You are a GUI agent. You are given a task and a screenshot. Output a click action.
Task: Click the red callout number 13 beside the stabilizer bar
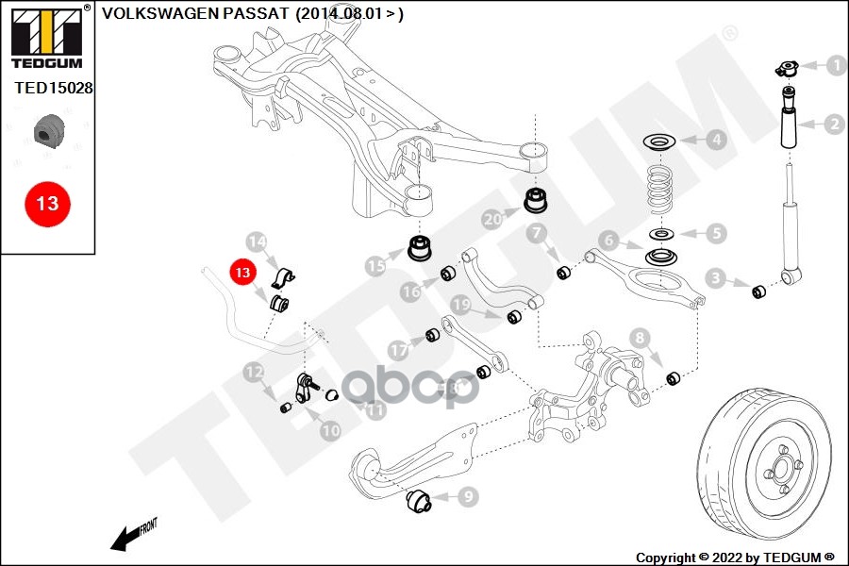coord(243,272)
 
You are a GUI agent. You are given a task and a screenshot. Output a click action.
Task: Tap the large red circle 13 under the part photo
coord(47,203)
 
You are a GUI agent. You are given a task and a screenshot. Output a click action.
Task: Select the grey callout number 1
coord(835,66)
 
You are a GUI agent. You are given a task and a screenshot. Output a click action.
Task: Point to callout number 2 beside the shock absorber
coord(835,124)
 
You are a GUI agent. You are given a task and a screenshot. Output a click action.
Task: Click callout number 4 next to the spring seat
coord(716,141)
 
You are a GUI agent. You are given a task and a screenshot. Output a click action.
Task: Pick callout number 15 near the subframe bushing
coord(376,267)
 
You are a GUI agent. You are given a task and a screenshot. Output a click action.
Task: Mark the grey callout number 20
coord(492,220)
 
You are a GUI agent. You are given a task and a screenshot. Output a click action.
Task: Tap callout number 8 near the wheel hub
coord(641,337)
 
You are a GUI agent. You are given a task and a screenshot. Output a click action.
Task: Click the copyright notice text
coord(735,557)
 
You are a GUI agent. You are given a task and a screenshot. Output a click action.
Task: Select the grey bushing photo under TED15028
coord(46,132)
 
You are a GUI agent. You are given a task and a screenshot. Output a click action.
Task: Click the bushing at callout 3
coord(758,289)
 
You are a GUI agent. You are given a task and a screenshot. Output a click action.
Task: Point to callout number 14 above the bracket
coord(256,241)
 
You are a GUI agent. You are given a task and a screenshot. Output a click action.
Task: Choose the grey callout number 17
coord(399,350)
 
